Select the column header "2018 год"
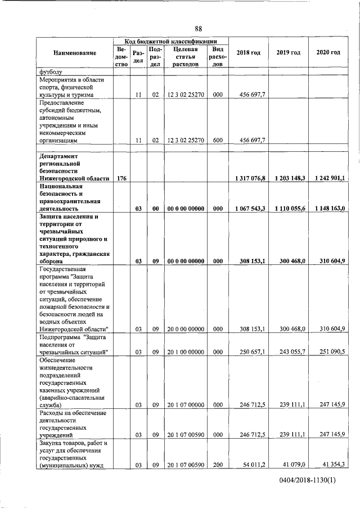249,53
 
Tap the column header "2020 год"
328,53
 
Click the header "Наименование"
75,53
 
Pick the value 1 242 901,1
327,178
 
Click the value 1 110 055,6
288,209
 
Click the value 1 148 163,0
327,209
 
